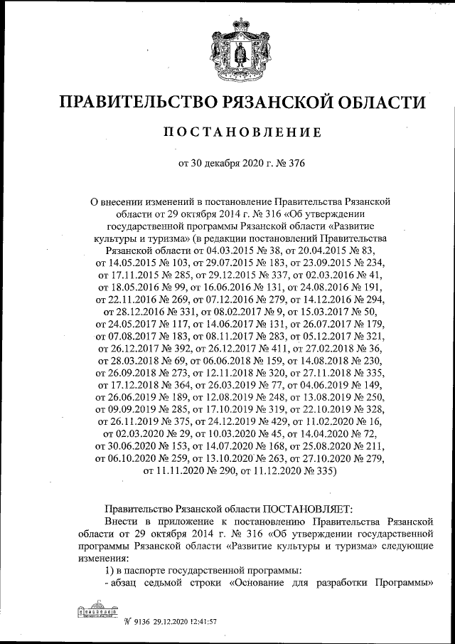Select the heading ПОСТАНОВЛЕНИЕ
[227, 132]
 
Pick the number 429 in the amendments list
[284, 421]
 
